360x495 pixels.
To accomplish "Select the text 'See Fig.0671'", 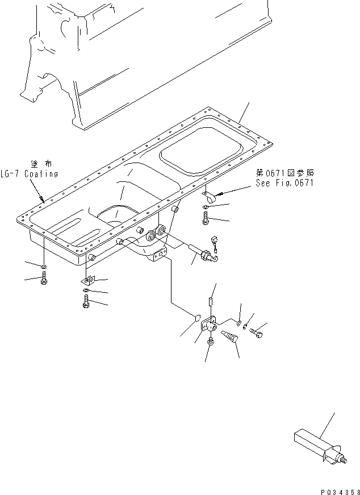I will (x=284, y=183).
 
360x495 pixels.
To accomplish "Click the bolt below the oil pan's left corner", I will (x=44, y=280).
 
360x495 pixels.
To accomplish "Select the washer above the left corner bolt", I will (x=44, y=267).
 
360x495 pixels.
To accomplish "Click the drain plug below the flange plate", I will (x=211, y=343).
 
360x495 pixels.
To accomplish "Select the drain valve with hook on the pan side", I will (x=204, y=252).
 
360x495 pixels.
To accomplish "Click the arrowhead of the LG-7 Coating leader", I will (x=43, y=199).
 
